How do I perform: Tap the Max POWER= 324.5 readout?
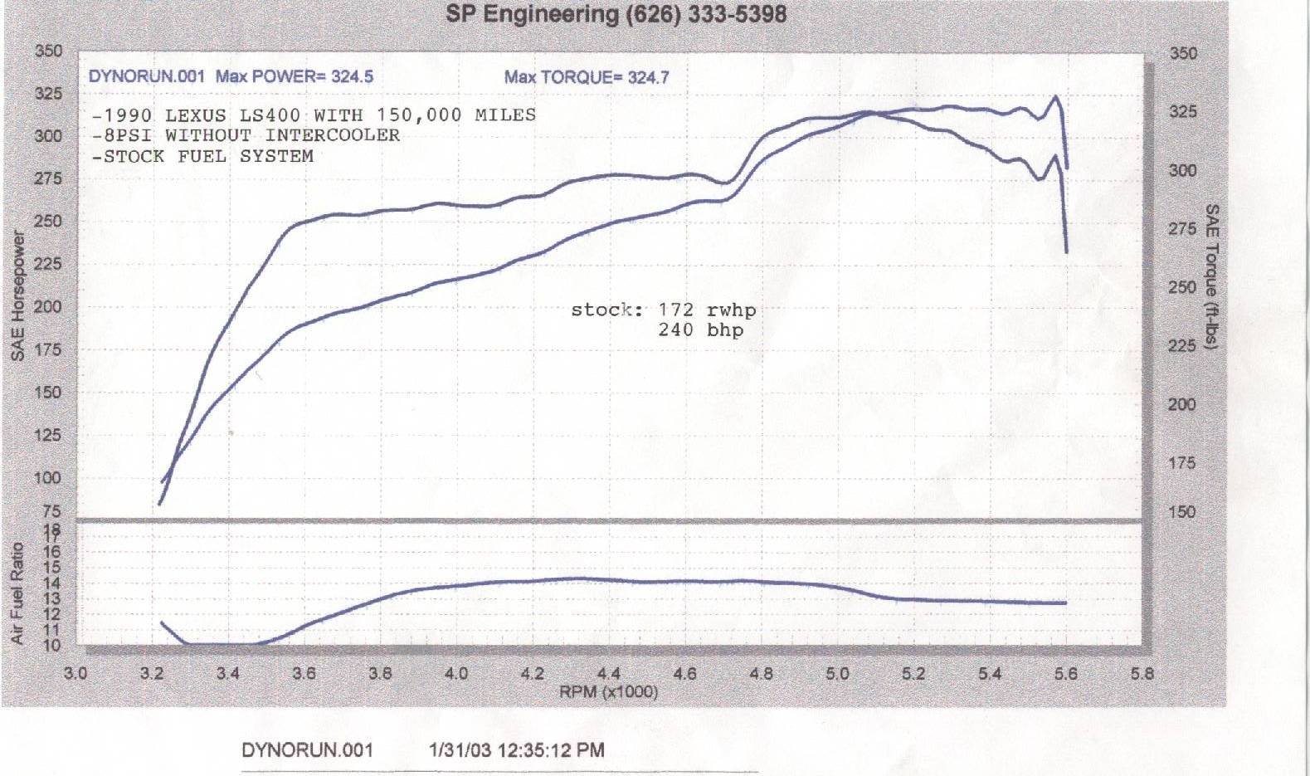(295, 77)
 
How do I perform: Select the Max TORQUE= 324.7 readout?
(586, 78)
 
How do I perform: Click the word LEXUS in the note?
(196, 115)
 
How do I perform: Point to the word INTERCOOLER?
(332, 135)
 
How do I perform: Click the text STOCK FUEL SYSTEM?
(208, 156)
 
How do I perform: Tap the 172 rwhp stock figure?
(706, 310)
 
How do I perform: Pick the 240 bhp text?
(700, 330)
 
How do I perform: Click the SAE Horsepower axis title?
(17, 295)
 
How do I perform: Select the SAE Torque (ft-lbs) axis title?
(1211, 276)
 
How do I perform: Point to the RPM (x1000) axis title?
(608, 691)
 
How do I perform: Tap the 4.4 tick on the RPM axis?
(608, 674)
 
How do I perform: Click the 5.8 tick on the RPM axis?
(1142, 674)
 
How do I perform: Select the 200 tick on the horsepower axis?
(48, 307)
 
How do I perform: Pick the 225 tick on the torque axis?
(1182, 346)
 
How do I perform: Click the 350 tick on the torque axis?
(1182, 54)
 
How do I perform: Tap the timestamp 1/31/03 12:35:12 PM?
(516, 750)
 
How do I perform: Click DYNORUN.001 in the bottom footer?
(307, 750)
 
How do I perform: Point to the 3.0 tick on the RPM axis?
(75, 674)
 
